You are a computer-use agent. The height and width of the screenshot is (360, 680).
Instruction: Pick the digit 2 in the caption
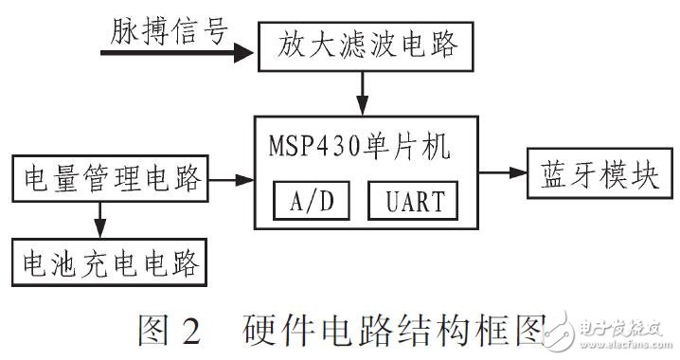point(190,333)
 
